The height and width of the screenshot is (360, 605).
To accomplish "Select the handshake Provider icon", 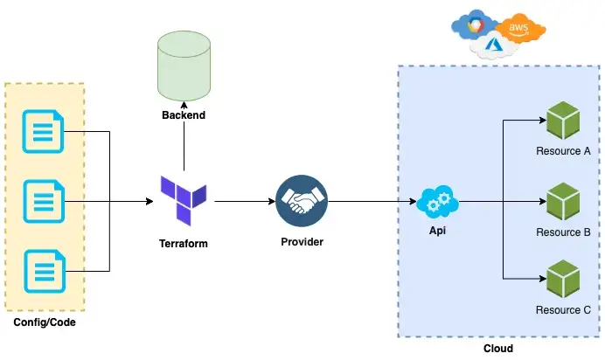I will (x=302, y=201).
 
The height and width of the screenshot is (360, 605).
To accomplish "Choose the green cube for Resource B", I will (x=562, y=201).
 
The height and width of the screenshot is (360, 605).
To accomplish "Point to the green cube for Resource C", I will (x=562, y=280).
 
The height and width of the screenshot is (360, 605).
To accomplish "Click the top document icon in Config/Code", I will (x=43, y=132).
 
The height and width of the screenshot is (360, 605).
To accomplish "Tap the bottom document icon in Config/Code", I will (x=43, y=271).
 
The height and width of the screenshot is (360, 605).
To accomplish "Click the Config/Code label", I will (x=44, y=324).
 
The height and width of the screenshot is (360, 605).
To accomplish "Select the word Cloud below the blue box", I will (x=497, y=348).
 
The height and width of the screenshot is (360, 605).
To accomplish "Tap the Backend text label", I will (x=184, y=115).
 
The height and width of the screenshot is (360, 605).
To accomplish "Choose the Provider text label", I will (x=302, y=242).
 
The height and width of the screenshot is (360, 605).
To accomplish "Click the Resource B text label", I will (x=563, y=232).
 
